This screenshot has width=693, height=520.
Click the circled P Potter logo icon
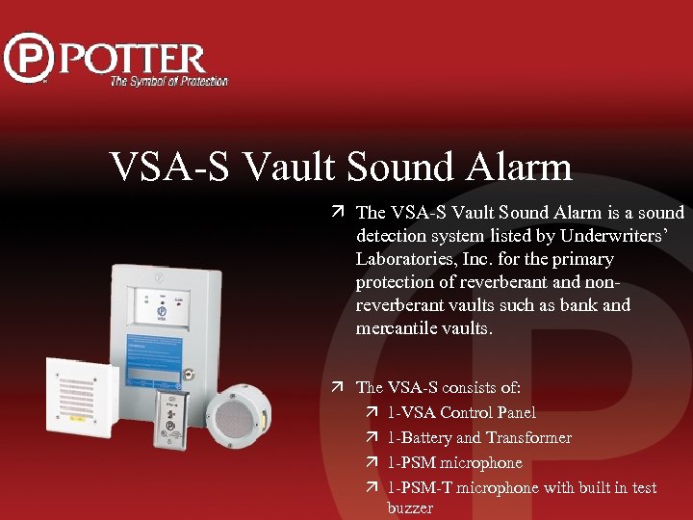click(x=29, y=58)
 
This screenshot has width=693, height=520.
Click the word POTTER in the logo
click(x=135, y=60)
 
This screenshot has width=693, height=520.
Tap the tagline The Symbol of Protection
click(x=168, y=82)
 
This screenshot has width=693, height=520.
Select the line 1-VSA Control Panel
click(x=461, y=412)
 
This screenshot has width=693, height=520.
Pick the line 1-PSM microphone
click(x=454, y=462)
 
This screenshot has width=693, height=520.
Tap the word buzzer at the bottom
click(x=410, y=507)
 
